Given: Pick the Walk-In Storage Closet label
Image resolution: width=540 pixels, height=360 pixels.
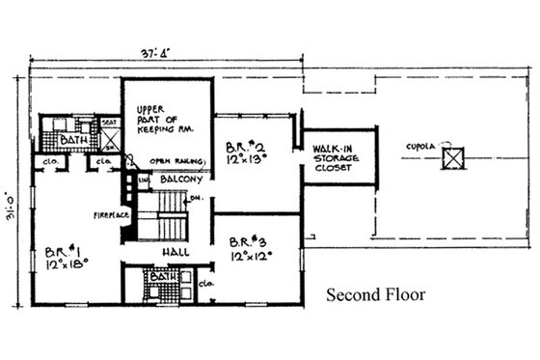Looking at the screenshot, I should tap(334, 157).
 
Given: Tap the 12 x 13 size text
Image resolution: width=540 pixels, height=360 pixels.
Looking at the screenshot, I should tap(248, 161).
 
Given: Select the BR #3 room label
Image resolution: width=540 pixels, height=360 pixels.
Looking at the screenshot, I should tap(249, 242).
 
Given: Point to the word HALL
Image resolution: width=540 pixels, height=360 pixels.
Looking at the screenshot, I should tap(175, 251).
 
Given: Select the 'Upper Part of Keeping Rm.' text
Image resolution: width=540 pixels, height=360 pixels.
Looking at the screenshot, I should tap(157, 118).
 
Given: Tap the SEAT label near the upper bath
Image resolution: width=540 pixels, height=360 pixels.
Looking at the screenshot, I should tap(108, 124).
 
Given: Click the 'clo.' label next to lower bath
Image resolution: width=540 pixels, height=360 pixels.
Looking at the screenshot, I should tap(204, 285).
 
